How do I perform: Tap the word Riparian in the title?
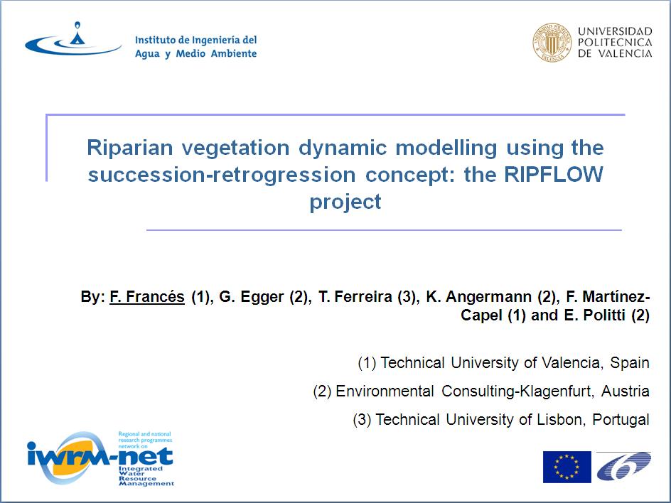(x=129, y=148)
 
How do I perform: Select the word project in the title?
(x=345, y=202)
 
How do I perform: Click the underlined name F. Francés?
(x=147, y=296)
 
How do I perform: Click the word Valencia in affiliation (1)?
(x=569, y=363)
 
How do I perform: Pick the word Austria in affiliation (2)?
(x=626, y=391)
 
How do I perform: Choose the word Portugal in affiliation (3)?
(x=621, y=420)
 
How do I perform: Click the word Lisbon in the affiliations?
(x=557, y=420)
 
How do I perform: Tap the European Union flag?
(x=567, y=467)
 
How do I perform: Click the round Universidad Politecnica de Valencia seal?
(x=552, y=43)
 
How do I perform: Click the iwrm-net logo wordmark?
(x=100, y=457)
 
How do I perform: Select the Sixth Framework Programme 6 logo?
(x=624, y=465)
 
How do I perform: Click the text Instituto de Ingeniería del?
(x=196, y=40)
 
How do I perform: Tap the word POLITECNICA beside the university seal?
(x=615, y=43)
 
